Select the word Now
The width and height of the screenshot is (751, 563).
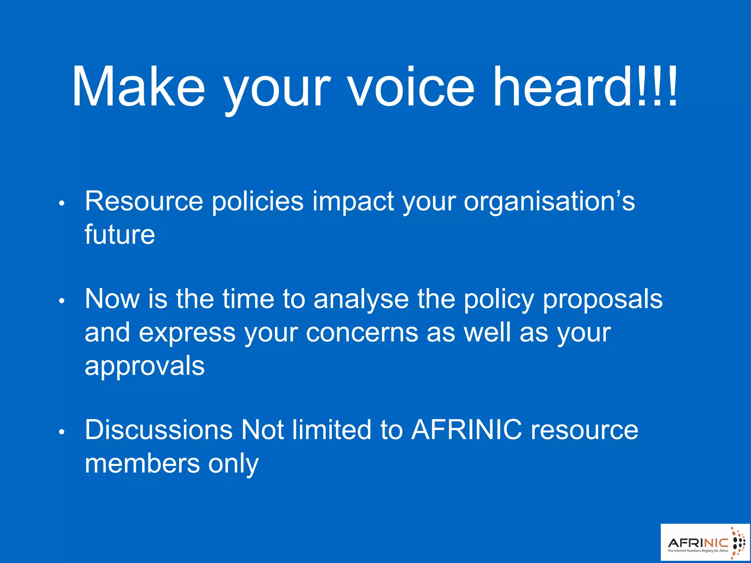pyautogui.click(x=112, y=299)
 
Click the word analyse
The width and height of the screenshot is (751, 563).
pyautogui.click(x=361, y=299)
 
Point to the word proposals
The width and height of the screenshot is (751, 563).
pyautogui.click(x=602, y=299)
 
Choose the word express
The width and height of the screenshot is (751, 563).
pyautogui.click(x=187, y=333)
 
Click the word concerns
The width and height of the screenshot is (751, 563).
pyautogui.click(x=362, y=333)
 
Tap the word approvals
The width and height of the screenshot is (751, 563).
pyautogui.click(x=144, y=366)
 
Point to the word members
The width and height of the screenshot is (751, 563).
pyautogui.click(x=142, y=463)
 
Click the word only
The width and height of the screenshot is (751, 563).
pyautogui.click(x=233, y=464)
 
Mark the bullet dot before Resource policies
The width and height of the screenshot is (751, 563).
pyautogui.click(x=62, y=203)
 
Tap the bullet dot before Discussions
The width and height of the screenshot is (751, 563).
pyautogui.click(x=62, y=432)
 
